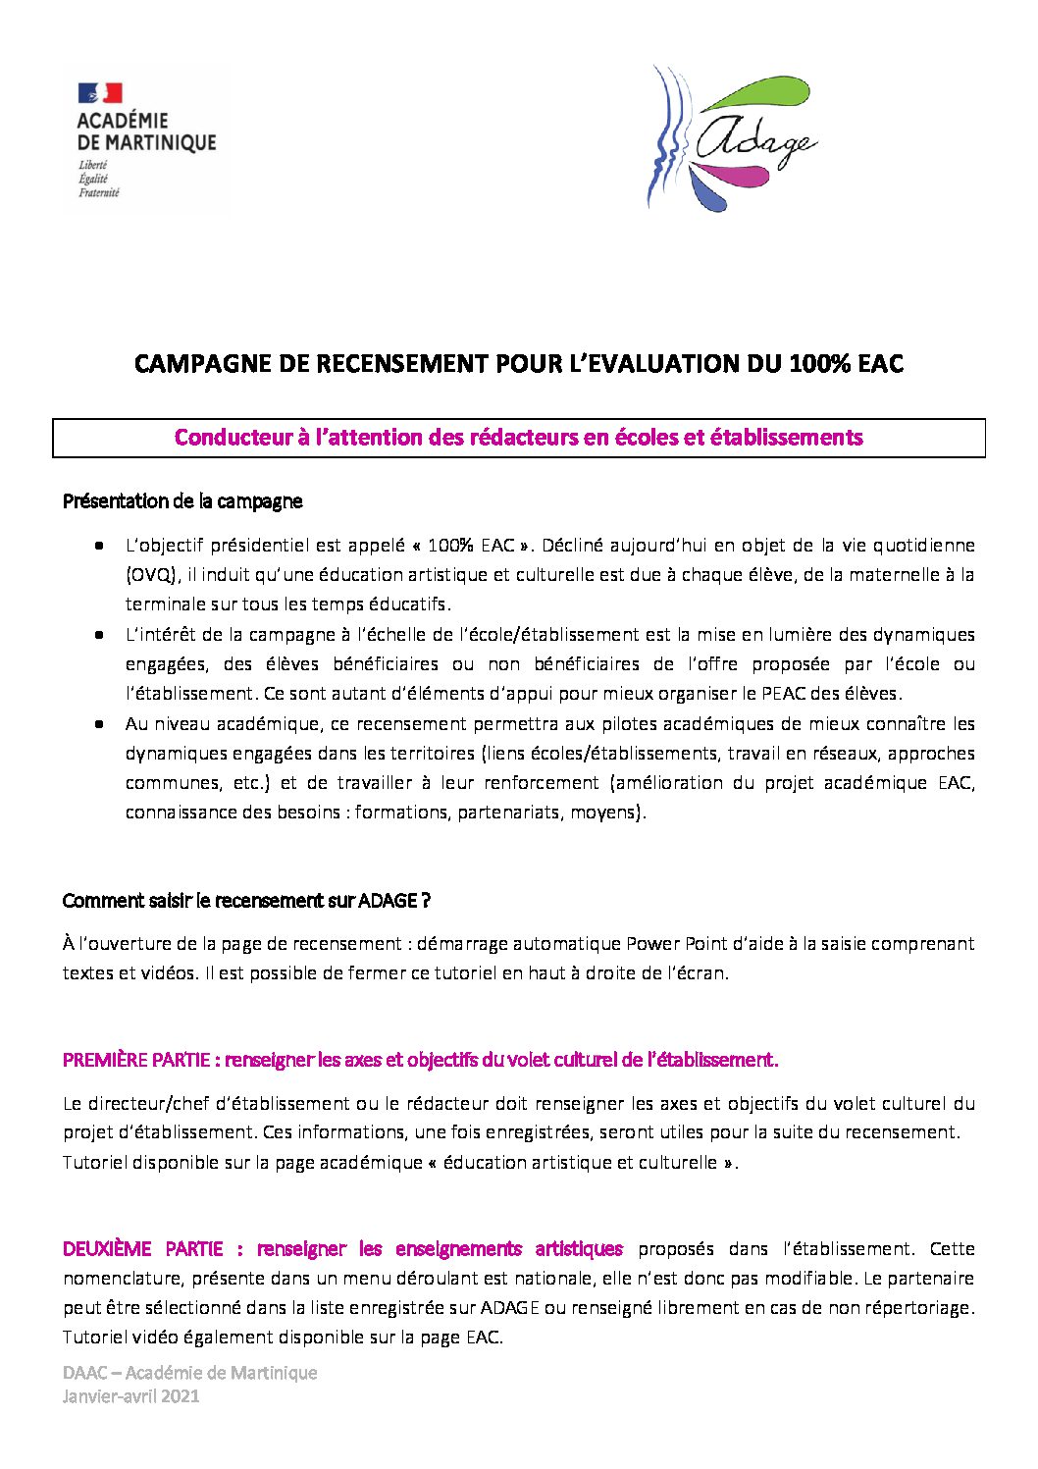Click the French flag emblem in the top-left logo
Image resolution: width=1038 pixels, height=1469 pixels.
click(99, 92)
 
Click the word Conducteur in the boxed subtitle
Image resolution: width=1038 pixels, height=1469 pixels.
click(233, 438)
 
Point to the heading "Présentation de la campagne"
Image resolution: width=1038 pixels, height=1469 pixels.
click(182, 501)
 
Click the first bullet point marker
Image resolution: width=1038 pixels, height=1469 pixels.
click(99, 545)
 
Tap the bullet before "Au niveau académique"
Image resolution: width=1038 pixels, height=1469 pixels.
click(99, 724)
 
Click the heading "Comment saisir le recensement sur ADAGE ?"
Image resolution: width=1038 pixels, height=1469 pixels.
click(246, 901)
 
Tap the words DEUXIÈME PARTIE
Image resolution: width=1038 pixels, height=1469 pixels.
click(143, 1249)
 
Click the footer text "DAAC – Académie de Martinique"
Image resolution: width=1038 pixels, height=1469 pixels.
click(189, 1373)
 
